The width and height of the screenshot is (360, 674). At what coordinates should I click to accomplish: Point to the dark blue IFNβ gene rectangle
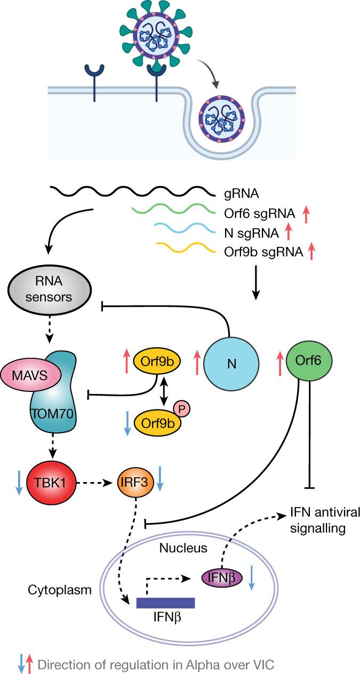[165, 602]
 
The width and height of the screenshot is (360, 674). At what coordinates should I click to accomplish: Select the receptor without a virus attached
[93, 80]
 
